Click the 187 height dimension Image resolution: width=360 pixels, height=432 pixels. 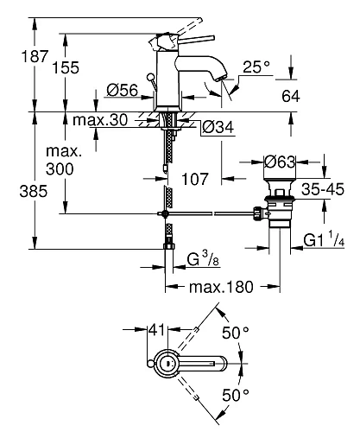(35, 56)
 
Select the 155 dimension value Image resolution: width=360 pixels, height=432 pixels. (66, 67)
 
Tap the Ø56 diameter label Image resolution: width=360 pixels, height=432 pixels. (123, 90)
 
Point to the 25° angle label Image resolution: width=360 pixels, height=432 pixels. (256, 67)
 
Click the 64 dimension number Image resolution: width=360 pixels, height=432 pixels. (291, 96)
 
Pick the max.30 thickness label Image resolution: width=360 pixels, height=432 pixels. (100, 119)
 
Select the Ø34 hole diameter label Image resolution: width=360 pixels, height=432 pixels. (218, 127)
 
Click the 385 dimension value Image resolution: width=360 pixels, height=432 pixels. (33, 191)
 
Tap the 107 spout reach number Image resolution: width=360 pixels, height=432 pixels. (195, 179)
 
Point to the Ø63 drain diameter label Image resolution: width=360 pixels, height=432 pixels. (280, 162)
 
